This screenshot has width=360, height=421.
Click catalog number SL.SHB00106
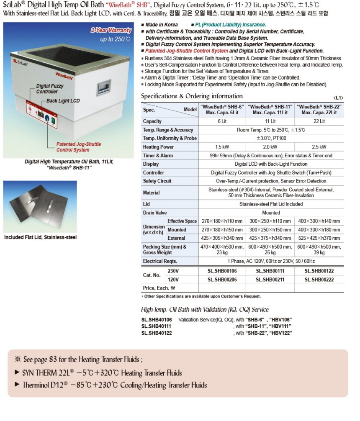coord(222,271)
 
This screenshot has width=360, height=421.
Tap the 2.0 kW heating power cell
coord(270,147)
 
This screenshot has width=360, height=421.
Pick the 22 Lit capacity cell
coord(319,121)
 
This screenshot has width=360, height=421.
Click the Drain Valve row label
coord(155,213)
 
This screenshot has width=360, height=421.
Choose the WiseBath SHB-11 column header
coord(270,110)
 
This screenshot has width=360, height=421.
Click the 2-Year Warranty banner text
coord(111,31)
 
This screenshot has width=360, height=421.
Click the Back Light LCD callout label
coord(63,101)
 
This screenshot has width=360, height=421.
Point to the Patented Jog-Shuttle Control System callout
coord(78,147)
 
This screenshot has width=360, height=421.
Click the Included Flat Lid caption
coord(40,237)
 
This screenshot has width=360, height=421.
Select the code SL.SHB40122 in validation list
coord(157,333)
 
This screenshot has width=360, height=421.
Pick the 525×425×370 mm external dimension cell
coord(319,238)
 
